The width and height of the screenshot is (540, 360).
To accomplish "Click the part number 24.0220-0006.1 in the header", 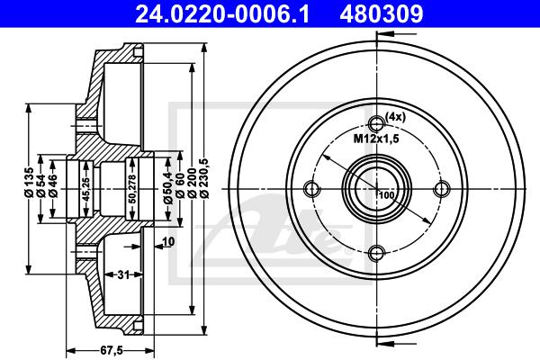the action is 222,14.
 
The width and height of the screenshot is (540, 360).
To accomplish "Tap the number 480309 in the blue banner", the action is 382,14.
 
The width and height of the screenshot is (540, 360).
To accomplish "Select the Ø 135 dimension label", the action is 29,182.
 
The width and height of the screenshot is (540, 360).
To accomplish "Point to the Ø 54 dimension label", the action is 41,185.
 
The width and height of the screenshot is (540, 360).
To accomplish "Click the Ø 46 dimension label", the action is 53,185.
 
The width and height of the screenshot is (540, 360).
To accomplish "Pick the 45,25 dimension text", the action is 86,189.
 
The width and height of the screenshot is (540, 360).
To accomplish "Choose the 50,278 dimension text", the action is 132,189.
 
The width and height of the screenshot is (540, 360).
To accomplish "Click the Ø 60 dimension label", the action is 180,186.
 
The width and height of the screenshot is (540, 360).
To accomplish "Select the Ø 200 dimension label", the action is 193,183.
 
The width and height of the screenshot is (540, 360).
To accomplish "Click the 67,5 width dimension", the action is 112,350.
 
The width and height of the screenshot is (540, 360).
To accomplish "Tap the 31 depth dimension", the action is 123,274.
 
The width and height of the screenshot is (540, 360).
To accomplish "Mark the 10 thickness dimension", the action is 168,242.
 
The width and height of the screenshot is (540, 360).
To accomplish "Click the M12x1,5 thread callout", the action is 376,139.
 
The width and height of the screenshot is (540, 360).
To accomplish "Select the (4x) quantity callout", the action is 395,117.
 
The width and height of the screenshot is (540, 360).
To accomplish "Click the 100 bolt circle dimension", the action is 387,195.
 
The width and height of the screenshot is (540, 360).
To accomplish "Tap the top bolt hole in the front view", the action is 376,123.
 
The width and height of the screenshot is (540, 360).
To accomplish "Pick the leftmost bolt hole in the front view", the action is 311,189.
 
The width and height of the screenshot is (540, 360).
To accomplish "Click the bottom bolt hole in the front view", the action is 376,254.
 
